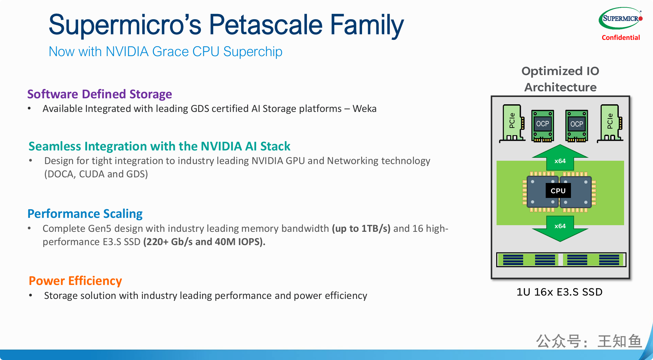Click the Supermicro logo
pyautogui.click(x=620, y=18)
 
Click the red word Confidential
pyautogui.click(x=620, y=38)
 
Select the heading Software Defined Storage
pyautogui.click(x=100, y=94)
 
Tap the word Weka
pyautogui.click(x=364, y=109)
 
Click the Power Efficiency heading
pyautogui.click(x=75, y=281)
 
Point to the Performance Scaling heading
pyautogui.click(x=85, y=214)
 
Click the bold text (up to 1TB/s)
pyautogui.click(x=361, y=228)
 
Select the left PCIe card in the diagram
pyautogui.click(x=513, y=123)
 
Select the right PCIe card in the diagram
pyautogui.click(x=610, y=123)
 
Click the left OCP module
pyautogui.click(x=542, y=126)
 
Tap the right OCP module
pyautogui.click(x=577, y=126)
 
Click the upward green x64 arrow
pyautogui.click(x=560, y=157)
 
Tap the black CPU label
pyautogui.click(x=558, y=191)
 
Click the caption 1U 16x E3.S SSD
pyautogui.click(x=560, y=292)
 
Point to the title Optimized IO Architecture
pyautogui.click(x=560, y=79)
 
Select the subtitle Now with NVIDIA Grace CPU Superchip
pyautogui.click(x=165, y=52)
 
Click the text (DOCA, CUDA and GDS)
pyautogui.click(x=96, y=174)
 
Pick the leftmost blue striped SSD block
pyautogui.click(x=513, y=260)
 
